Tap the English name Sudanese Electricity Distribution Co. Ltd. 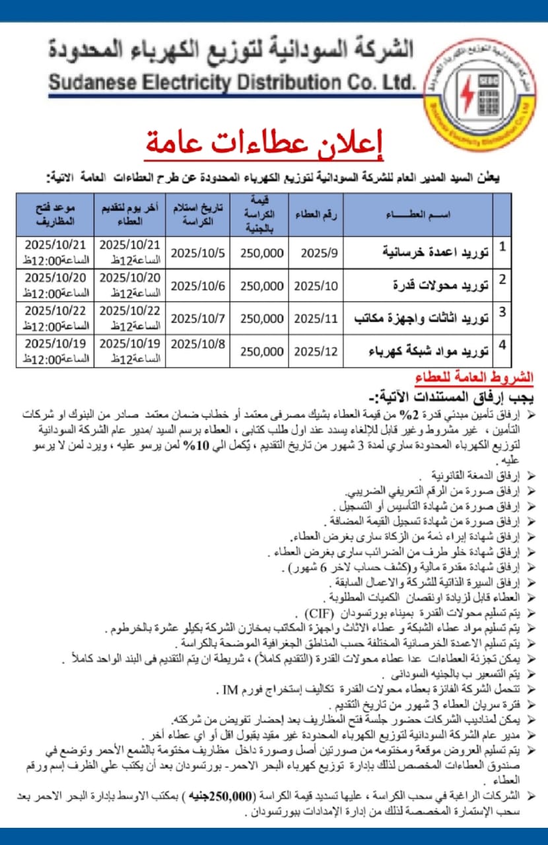231,83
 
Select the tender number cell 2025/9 316,252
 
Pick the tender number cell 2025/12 316,351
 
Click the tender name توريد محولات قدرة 438,285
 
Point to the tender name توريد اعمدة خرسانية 436,252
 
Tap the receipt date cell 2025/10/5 197,252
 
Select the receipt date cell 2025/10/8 197,343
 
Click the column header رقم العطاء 316,215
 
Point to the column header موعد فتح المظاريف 55,214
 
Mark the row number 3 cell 502,312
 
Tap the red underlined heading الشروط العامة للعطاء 474,378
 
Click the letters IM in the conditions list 230,691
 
